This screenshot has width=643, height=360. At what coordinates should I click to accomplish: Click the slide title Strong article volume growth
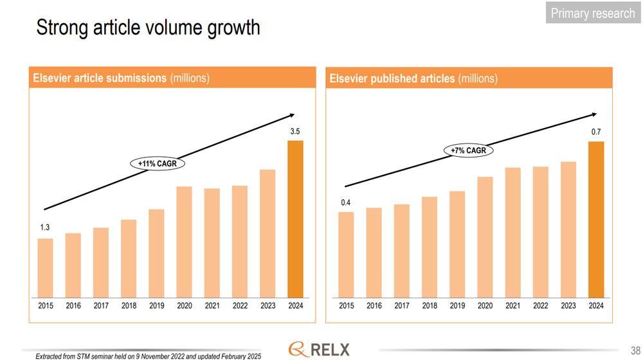click(148, 28)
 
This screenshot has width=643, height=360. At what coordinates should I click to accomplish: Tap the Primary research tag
click(592, 13)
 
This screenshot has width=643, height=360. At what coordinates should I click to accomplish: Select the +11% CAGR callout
click(158, 164)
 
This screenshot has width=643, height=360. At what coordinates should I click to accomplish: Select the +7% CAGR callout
click(467, 150)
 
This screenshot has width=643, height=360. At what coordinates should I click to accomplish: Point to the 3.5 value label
click(295, 132)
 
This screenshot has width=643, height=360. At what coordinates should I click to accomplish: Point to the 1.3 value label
click(45, 228)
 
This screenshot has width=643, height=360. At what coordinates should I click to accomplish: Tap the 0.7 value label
click(596, 132)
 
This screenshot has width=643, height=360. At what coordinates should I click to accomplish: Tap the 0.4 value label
click(346, 203)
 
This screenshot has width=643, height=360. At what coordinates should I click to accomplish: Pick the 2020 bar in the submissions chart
click(184, 242)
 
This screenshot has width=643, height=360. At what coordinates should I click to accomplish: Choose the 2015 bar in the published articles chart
click(346, 255)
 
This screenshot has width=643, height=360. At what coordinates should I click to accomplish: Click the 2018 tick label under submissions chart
click(129, 306)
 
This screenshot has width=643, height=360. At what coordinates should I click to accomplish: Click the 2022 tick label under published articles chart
click(541, 306)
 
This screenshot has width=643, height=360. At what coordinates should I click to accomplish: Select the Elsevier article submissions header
click(122, 78)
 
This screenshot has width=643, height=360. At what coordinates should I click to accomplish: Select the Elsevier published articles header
click(413, 78)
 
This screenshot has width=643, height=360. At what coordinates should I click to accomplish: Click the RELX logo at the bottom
click(320, 349)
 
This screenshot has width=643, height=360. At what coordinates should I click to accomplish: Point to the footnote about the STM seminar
click(148, 355)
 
